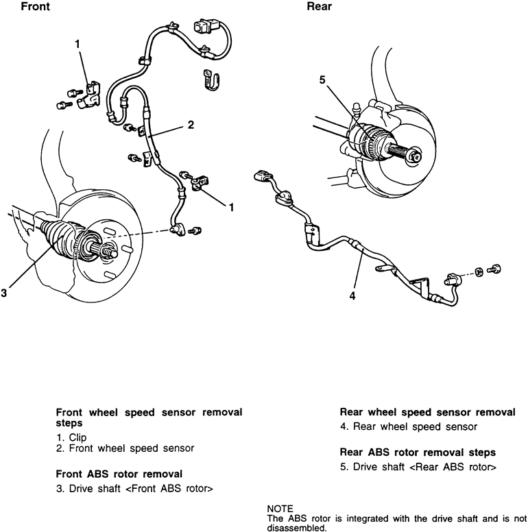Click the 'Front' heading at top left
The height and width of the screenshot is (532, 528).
tap(35, 9)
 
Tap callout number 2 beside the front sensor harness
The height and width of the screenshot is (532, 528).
tap(191, 125)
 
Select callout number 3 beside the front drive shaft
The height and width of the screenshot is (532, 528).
tap(5, 293)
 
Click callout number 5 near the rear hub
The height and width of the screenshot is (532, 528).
tap(322, 80)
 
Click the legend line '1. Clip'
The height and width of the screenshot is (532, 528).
tap(72, 437)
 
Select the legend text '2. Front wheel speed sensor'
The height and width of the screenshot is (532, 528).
tap(125, 448)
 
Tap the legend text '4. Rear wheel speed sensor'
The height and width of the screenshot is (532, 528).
tap(409, 426)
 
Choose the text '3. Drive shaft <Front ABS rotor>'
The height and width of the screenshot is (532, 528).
tap(134, 489)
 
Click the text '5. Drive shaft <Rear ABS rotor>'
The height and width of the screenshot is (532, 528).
tap(417, 467)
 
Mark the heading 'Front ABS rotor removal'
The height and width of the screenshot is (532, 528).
tap(119, 473)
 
